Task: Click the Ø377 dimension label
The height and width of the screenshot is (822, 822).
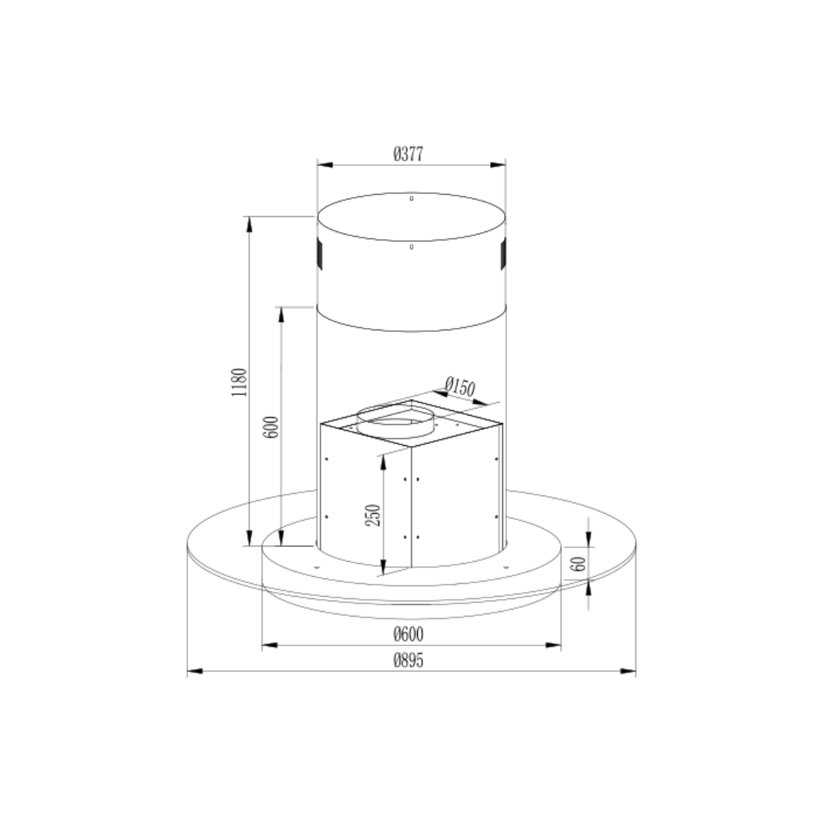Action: coord(408,154)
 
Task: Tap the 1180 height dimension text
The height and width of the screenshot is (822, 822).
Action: coord(239,382)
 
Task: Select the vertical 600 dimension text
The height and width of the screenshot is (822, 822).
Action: coord(271,427)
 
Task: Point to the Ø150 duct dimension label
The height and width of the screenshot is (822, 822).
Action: coord(460,387)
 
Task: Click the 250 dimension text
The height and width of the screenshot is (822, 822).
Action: coord(372,515)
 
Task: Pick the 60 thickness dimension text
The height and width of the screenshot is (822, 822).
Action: coord(580,564)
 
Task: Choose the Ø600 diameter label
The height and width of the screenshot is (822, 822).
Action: coord(409,634)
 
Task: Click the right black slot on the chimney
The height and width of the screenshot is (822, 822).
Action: coord(503,254)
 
